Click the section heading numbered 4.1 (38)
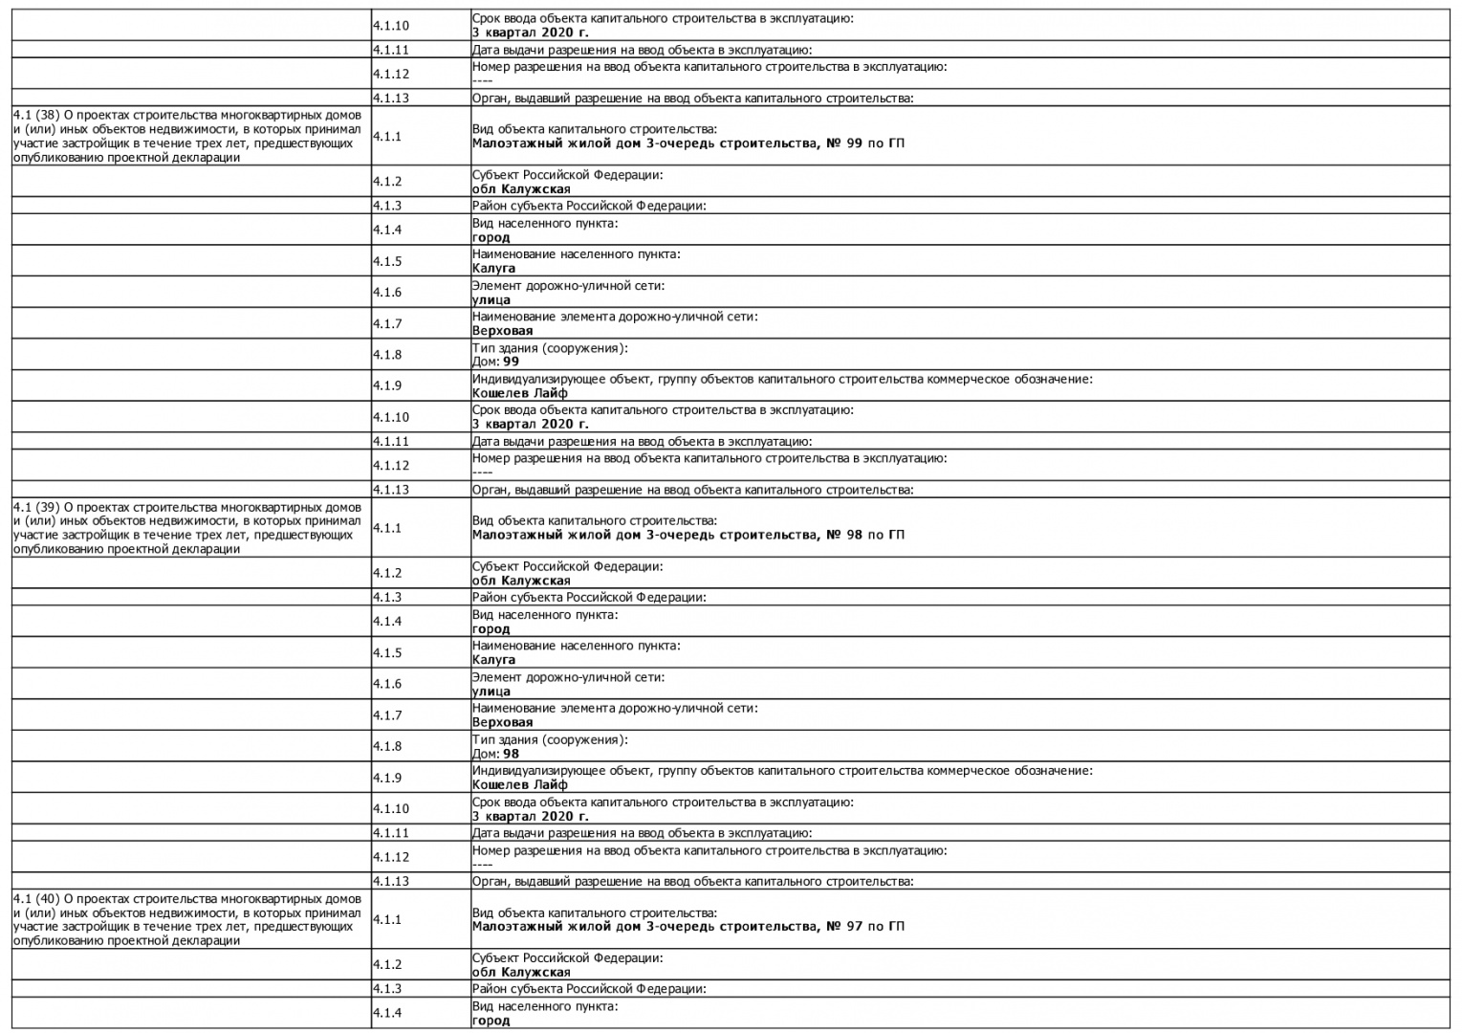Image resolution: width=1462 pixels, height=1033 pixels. point(187,137)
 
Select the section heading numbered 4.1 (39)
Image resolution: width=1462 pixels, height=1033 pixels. point(187,528)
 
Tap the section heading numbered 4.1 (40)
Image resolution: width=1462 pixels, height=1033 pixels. point(187,919)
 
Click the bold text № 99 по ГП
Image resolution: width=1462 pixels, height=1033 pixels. point(864,143)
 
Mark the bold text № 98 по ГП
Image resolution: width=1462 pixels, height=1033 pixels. point(864,535)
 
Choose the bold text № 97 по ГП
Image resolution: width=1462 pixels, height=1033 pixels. point(864,926)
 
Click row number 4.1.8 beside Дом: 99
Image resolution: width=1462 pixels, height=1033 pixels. point(387,355)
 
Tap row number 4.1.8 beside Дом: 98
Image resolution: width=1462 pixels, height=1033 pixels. point(387,746)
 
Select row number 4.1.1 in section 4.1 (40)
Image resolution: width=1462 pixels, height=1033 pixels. point(387,919)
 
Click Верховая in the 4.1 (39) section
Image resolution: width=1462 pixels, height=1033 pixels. point(502,722)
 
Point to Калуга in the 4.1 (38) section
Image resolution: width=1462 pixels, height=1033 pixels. point(493,268)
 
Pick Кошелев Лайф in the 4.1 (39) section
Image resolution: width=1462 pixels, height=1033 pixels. point(519,784)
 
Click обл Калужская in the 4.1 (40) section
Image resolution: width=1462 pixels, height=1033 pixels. point(521,972)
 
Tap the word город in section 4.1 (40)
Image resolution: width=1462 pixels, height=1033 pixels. point(491,1021)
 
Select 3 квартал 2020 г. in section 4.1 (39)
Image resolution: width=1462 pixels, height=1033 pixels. point(530,816)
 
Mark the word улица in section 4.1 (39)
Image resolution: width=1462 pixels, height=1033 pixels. point(491,691)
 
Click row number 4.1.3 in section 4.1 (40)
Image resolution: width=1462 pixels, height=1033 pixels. point(387,989)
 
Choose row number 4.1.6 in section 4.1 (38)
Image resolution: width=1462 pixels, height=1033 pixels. point(387,293)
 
